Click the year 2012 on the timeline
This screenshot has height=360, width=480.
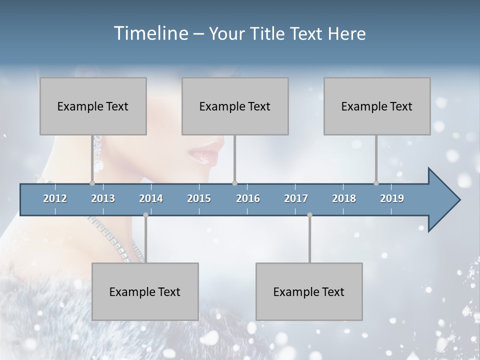coord(55,198)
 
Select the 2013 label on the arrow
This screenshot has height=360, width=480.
coord(103,198)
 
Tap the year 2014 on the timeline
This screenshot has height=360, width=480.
coord(151,198)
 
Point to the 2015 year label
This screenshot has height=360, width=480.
coord(199,198)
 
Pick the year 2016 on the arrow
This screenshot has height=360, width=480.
coord(248,198)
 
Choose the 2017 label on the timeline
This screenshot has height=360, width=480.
coord(296,198)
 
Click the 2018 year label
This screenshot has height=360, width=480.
coord(344,198)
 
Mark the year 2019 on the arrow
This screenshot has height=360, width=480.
coord(392,198)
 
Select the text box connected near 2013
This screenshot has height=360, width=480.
coord(93,106)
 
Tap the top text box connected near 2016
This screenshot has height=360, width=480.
coord(235,106)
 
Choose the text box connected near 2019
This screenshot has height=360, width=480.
coord(377,106)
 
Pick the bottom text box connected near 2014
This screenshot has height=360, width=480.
coord(145,291)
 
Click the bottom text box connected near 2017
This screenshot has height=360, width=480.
coord(309,291)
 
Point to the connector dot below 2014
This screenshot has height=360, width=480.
coord(145,215)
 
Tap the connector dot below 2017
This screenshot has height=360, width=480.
coord(309,215)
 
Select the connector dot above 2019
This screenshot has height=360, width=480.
coord(376,183)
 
